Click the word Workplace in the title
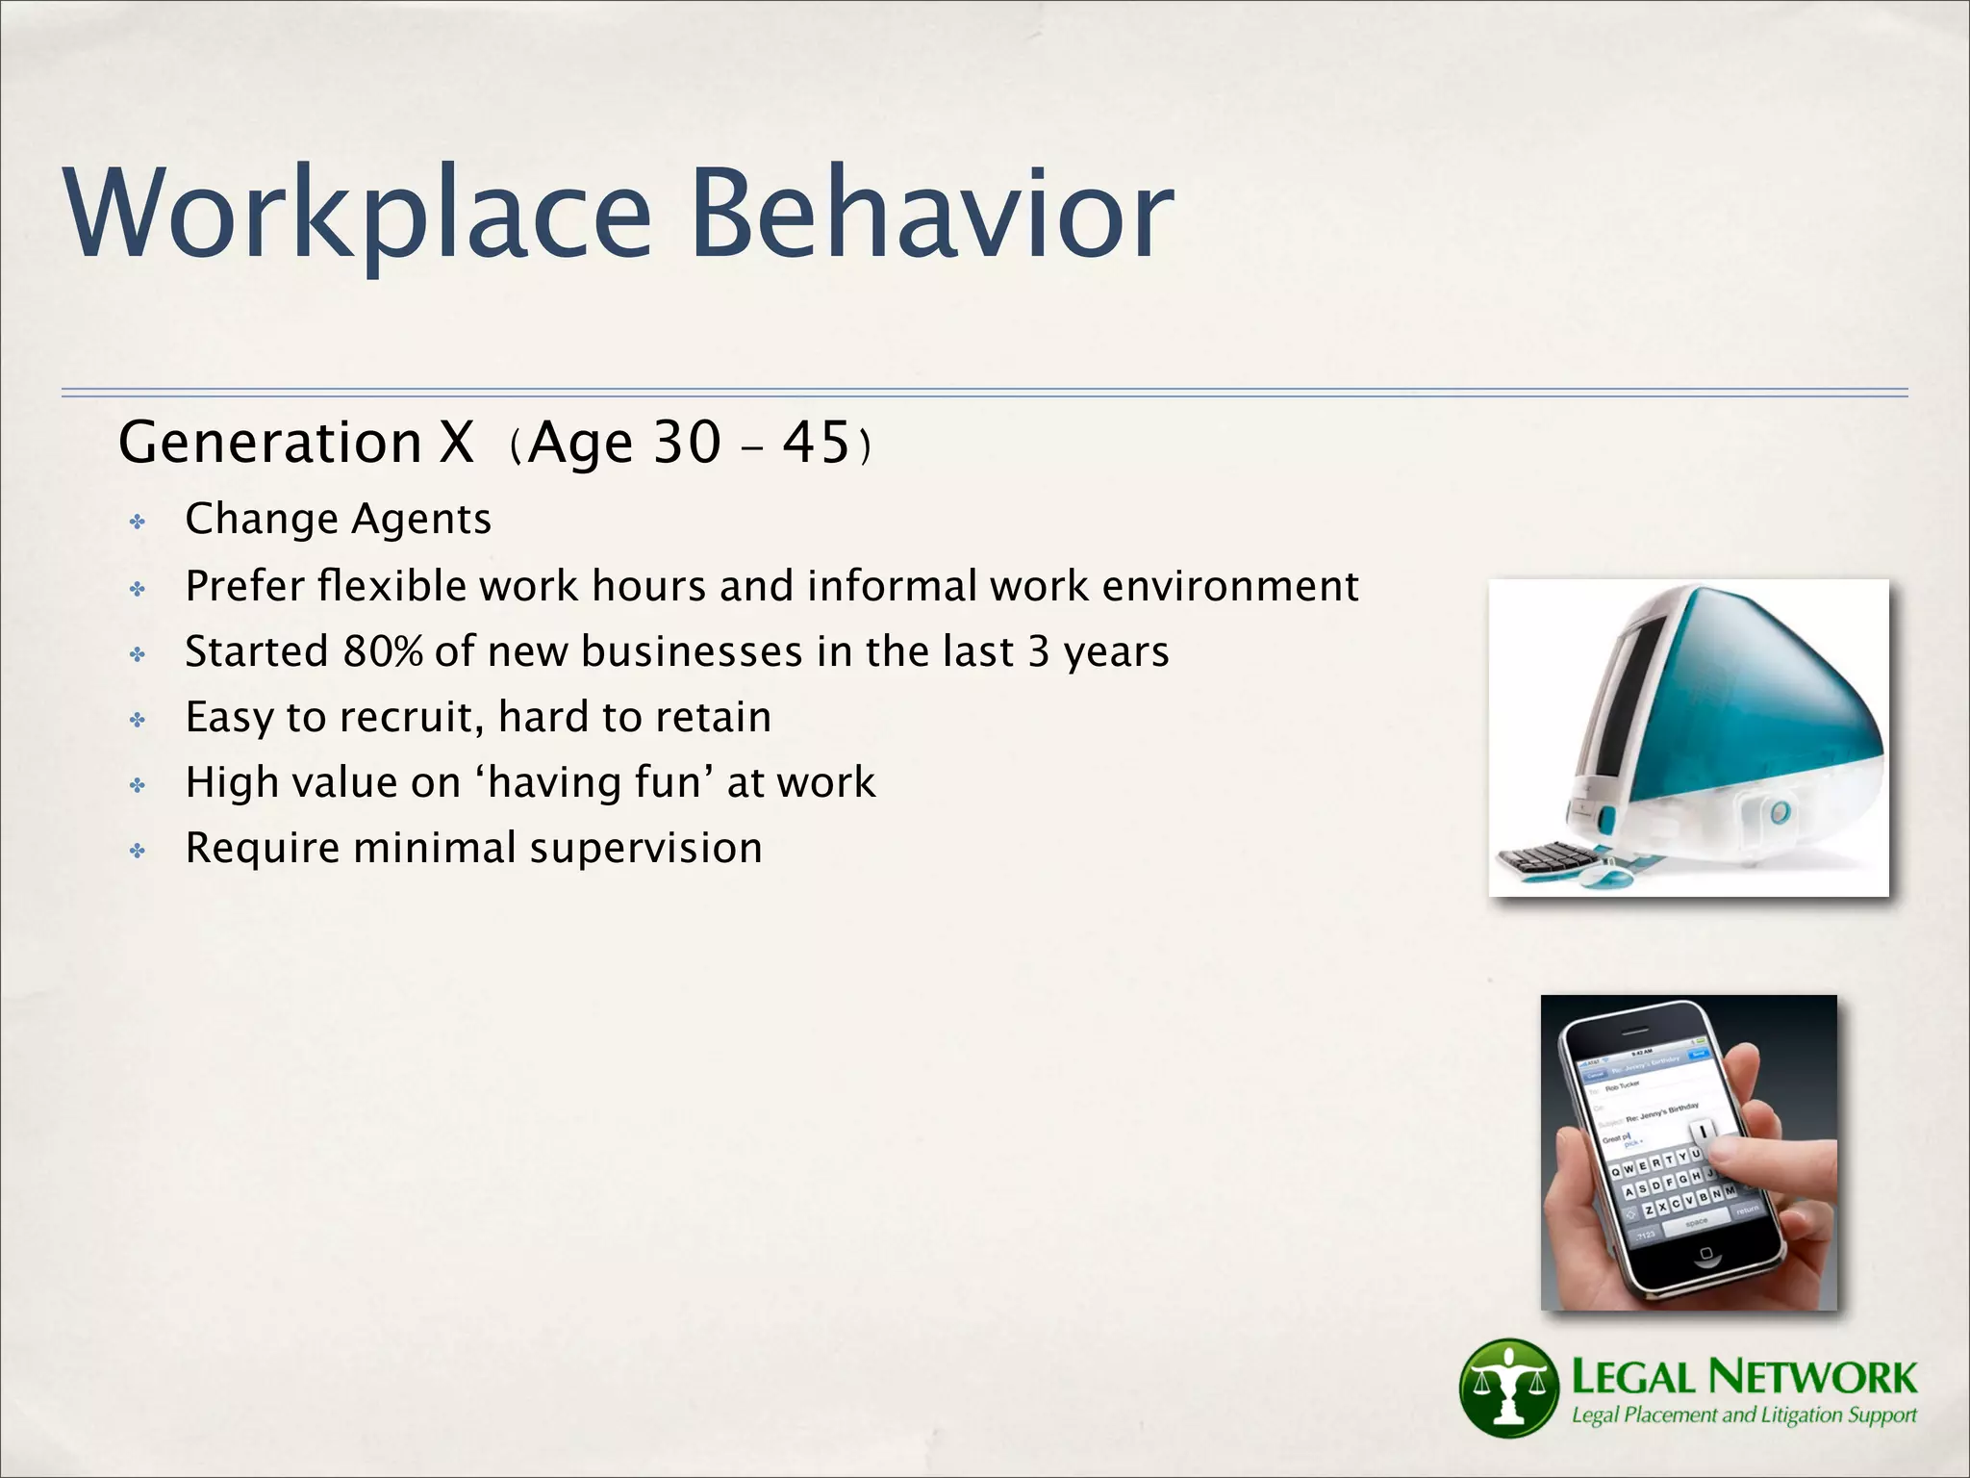tap(356, 214)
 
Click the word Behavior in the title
tap(931, 214)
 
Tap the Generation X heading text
tap(296, 443)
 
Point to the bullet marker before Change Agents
tap(139, 522)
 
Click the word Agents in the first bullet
tap(421, 520)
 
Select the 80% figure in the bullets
tap(383, 651)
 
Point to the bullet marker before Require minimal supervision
tap(139, 852)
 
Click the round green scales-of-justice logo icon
tap(1507, 1387)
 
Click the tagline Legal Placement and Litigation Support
tap(1743, 1415)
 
